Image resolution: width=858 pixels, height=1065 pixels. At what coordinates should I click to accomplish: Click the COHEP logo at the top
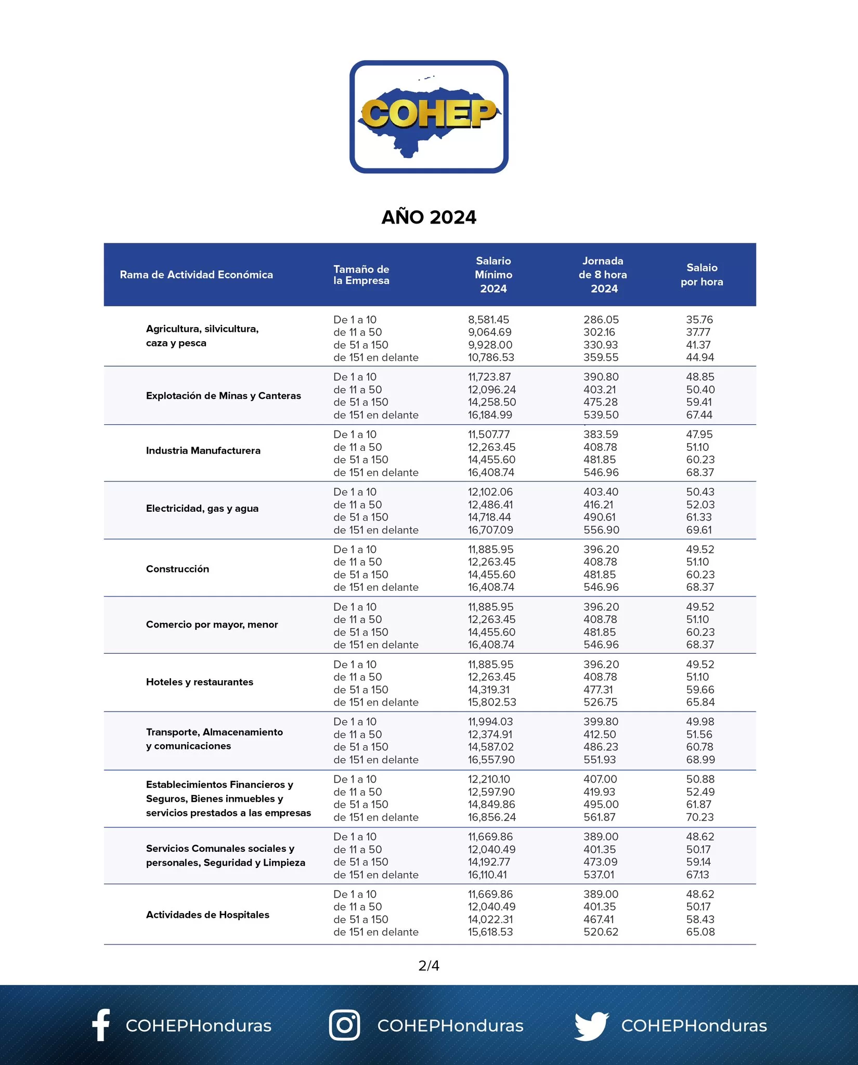(x=428, y=116)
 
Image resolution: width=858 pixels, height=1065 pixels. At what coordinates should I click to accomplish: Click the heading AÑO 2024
(x=428, y=217)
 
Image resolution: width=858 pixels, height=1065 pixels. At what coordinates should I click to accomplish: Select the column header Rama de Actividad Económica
(x=196, y=275)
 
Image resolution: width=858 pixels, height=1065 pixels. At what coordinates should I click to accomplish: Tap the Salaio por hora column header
(x=701, y=275)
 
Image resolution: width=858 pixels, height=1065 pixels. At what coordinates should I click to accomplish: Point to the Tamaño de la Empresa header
(x=361, y=275)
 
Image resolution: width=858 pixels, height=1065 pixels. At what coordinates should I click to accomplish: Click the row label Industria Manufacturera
(x=203, y=451)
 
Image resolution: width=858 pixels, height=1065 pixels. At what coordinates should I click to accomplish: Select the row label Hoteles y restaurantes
(x=199, y=682)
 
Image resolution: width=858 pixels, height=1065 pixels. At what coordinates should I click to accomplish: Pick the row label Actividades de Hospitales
(x=207, y=915)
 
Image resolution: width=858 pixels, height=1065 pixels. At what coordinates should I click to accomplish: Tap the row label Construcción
(x=177, y=569)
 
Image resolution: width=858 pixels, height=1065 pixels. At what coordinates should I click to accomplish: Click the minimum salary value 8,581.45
(x=488, y=320)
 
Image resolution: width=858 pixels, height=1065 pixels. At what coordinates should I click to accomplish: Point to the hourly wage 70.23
(x=700, y=817)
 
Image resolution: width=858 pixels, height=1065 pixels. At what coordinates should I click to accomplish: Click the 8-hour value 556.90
(x=601, y=530)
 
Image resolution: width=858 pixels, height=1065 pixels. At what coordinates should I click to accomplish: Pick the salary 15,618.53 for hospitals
(x=490, y=932)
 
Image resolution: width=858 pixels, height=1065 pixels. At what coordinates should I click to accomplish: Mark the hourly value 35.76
(x=699, y=320)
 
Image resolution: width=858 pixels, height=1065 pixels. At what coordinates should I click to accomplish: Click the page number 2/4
(x=428, y=966)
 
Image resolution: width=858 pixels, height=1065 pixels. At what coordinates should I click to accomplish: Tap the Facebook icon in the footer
(x=101, y=1025)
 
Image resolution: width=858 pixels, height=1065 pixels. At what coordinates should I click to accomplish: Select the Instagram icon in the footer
(x=344, y=1025)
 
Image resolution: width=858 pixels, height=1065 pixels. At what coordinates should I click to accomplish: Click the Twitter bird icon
(x=591, y=1025)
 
